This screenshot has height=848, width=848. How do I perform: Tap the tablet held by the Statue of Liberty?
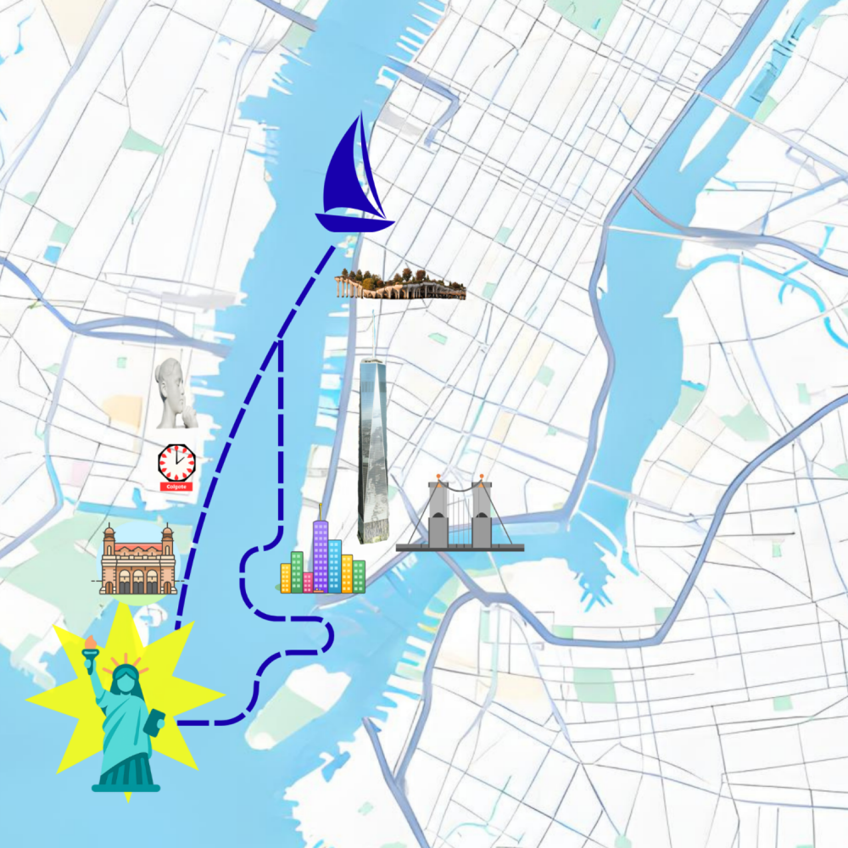pyautogui.click(x=155, y=723)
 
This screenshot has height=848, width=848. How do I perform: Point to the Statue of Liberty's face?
pyautogui.click(x=126, y=679)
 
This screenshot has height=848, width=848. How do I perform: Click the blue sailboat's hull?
pyautogui.click(x=354, y=223)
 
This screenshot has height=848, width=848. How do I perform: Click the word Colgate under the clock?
pyautogui.click(x=176, y=487)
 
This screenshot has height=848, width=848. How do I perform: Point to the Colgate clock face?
pyautogui.click(x=176, y=461)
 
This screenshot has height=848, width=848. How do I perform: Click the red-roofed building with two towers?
pyautogui.click(x=138, y=561)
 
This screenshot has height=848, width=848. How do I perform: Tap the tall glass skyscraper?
pyautogui.click(x=372, y=449)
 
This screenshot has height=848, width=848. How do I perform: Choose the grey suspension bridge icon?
pyautogui.click(x=460, y=517)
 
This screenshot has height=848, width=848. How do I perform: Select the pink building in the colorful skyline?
pyautogui.click(x=308, y=582)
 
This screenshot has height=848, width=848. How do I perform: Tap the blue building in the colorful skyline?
pyautogui.click(x=334, y=564)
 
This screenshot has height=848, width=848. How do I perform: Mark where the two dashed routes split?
pyautogui.click(x=281, y=341)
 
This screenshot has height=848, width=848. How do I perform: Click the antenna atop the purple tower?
pyautogui.click(x=321, y=510)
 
